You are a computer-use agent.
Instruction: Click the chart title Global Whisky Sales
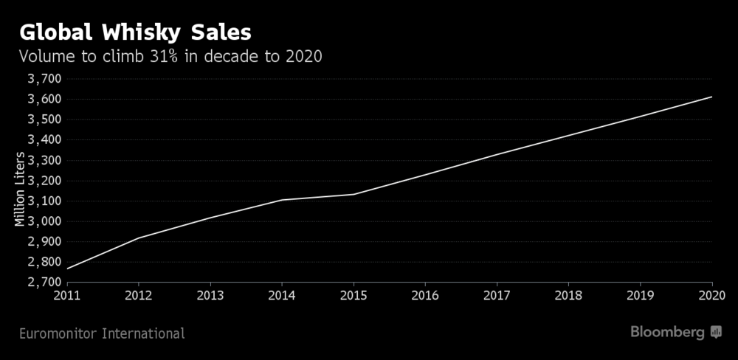[135, 33]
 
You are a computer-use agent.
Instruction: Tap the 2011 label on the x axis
[66, 296]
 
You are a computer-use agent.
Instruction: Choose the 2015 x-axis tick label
[354, 296]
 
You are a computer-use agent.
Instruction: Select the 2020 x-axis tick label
[711, 296]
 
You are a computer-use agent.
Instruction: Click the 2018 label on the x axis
[568, 296]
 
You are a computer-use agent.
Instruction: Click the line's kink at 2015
[354, 195]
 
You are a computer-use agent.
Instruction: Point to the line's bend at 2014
[282, 200]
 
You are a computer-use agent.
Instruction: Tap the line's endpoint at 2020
[711, 97]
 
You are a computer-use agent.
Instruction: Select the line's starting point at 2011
[67, 269]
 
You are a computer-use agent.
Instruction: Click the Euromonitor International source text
[101, 334]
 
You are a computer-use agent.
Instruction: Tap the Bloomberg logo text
[667, 333]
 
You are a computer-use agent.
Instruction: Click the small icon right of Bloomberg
[716, 333]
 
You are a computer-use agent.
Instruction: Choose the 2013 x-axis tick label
[210, 296]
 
